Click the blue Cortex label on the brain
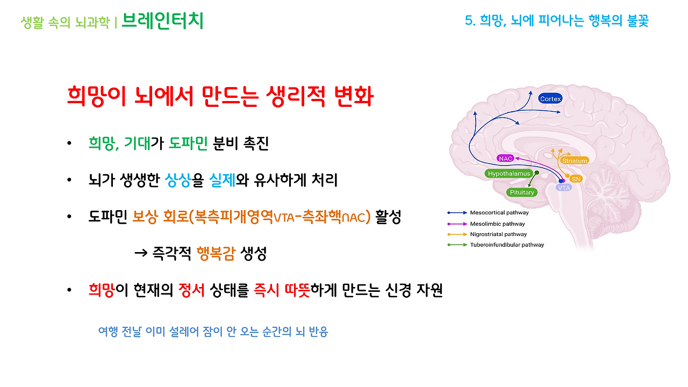(550, 99)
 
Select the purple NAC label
(506, 159)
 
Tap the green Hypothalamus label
(508, 174)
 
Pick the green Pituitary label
(521, 192)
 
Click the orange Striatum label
(575, 161)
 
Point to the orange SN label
(576, 178)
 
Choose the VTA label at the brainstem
(564, 188)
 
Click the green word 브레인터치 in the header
(162, 21)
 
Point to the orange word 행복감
(216, 253)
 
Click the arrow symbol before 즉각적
(140, 254)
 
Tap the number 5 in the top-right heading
(468, 21)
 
